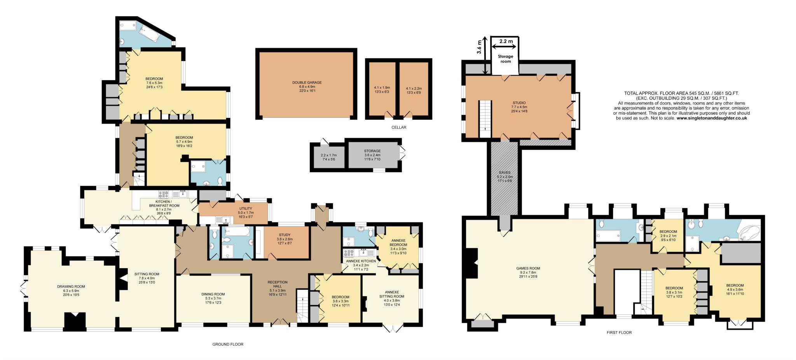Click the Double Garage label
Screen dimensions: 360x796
[x=307, y=82]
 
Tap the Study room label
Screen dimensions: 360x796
[x=285, y=235]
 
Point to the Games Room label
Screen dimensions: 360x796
[x=528, y=268]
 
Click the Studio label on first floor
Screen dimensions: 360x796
[x=518, y=103]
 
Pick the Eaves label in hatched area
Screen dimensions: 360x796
[x=504, y=172]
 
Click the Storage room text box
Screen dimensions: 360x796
[x=505, y=59]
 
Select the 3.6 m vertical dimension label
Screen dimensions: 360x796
[x=479, y=47]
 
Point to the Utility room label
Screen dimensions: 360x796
[x=246, y=209]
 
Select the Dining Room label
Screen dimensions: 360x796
[x=213, y=294]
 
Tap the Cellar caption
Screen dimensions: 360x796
[x=399, y=128]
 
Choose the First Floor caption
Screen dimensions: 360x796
[x=619, y=333]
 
